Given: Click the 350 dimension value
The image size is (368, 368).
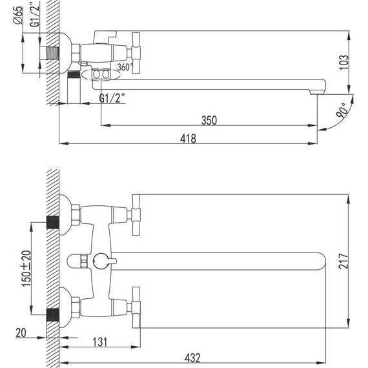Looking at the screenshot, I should click(x=209, y=119).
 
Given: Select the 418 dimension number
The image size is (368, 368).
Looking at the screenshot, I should click(x=187, y=138).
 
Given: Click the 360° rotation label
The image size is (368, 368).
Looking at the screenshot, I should click(x=124, y=67).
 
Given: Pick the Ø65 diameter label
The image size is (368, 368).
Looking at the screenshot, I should click(x=19, y=14).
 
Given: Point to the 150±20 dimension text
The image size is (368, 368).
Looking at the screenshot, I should click(x=26, y=266).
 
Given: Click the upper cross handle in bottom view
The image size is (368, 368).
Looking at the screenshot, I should click(x=135, y=214).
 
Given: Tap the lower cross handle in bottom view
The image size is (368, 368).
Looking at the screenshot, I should click(x=135, y=307).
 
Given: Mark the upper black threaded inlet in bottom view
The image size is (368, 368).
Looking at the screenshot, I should click(x=53, y=224).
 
